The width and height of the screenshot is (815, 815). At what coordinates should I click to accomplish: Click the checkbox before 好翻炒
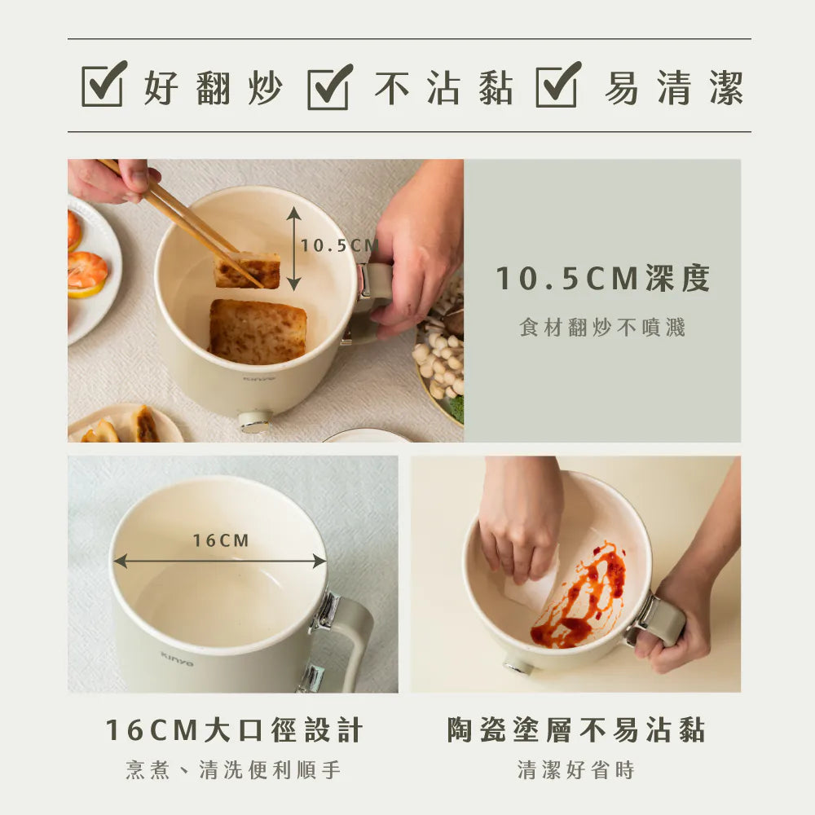coord(104,86)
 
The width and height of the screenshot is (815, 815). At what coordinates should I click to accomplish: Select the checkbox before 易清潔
coord(557,86)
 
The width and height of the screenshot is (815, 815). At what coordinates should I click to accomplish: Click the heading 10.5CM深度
coord(603,279)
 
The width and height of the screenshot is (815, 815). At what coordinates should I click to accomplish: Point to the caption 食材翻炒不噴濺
coord(603,328)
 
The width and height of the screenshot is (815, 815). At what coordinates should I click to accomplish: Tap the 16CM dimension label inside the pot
coord(221,540)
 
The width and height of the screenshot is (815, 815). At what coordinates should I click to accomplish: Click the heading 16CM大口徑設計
coord(234,730)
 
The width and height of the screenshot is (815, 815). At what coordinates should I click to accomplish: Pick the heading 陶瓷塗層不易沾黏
coord(576,730)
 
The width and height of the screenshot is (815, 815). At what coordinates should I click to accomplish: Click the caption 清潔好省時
coord(576,770)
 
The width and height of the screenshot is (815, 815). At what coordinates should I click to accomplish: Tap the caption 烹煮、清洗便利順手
coord(234,770)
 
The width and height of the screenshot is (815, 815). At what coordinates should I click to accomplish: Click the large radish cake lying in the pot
coord(257,331)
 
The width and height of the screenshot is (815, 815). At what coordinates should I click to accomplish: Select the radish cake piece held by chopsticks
coord(247,270)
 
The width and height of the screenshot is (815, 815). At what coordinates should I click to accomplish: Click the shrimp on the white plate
coord(86,271)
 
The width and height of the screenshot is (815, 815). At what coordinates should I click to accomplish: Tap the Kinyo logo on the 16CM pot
coord(177,658)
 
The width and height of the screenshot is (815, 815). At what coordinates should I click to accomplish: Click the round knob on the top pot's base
coord(255,421)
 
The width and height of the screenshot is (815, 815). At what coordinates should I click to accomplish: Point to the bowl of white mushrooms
coord(440,359)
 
